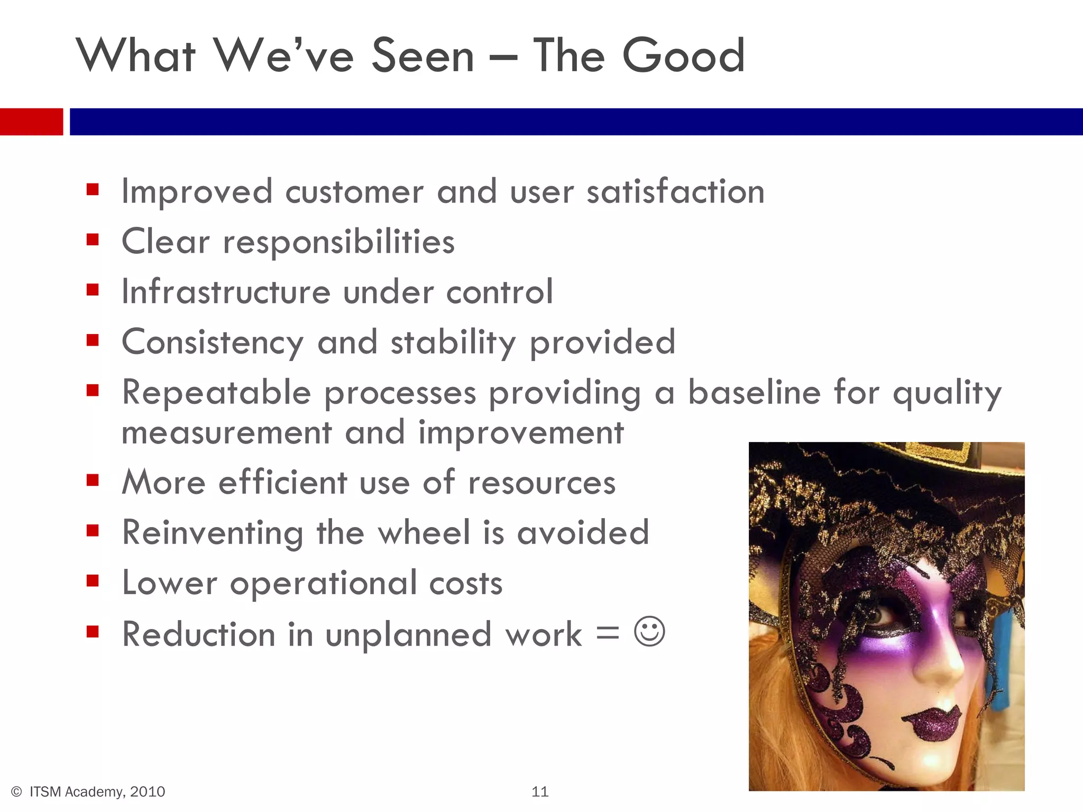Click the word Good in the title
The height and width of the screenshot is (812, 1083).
(x=684, y=56)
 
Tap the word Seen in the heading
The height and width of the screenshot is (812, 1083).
(x=423, y=56)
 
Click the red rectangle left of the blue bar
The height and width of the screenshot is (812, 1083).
(x=31, y=122)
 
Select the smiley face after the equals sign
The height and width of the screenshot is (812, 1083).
(x=649, y=631)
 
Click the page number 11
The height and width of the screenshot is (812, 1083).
(x=540, y=791)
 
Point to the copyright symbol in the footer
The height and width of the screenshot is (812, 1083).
(x=16, y=791)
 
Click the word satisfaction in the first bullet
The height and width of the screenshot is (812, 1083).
(x=675, y=191)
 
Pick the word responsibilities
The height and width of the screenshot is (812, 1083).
(x=338, y=242)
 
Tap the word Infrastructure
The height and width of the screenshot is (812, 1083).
(x=226, y=292)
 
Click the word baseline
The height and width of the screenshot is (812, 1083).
(x=755, y=393)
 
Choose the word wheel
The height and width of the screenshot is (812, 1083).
(x=424, y=532)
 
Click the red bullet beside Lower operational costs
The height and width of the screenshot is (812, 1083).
(x=93, y=582)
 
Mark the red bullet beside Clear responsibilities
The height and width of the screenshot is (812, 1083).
(x=93, y=241)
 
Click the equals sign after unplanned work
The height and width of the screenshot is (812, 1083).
(x=608, y=633)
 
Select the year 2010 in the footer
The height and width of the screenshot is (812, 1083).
(x=148, y=791)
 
